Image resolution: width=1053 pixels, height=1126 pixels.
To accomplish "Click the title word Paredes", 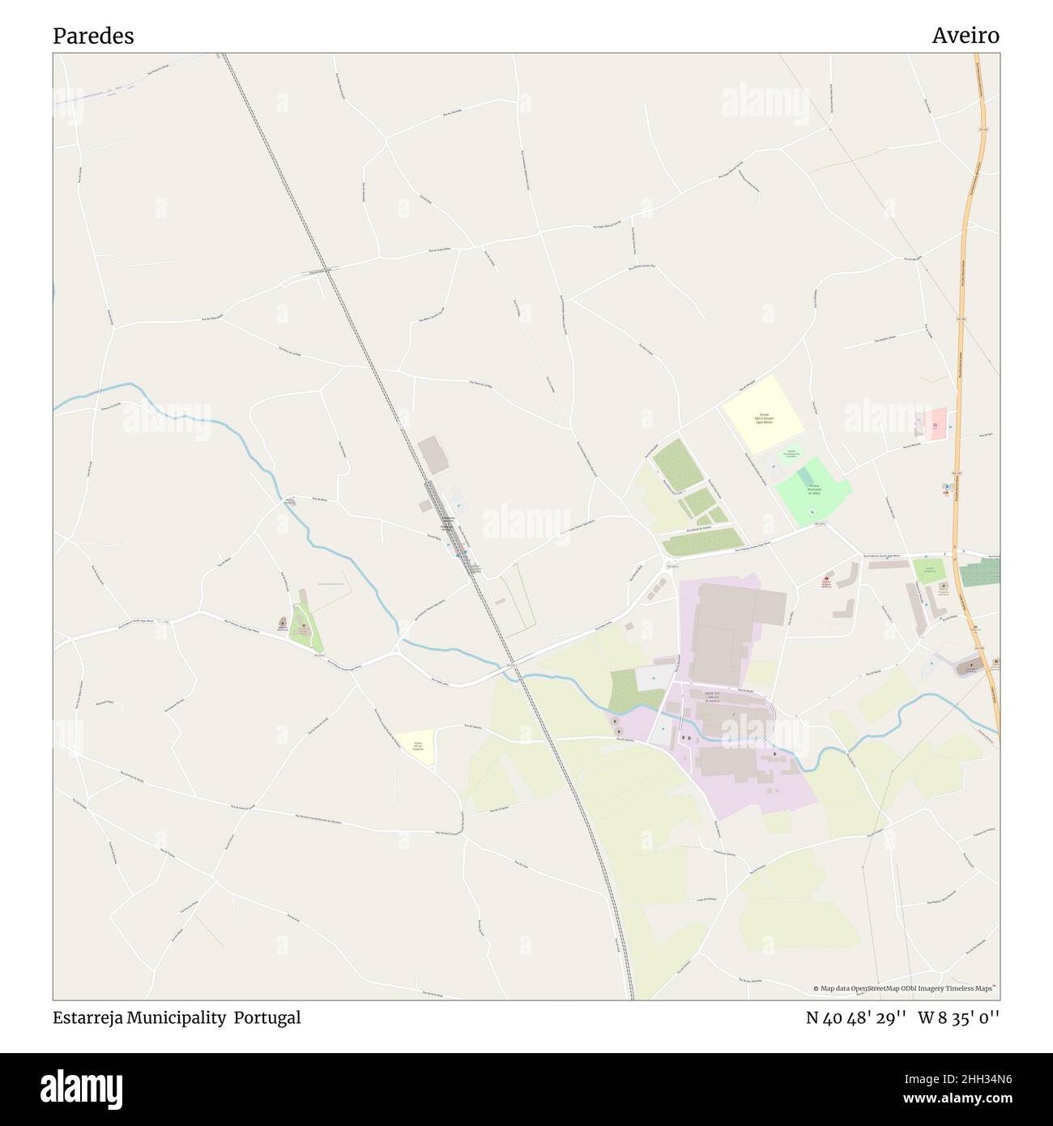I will [x=93, y=36].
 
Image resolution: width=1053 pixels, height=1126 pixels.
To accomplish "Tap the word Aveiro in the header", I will [x=965, y=36].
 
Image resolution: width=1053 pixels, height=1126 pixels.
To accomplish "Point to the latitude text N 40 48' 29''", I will [x=855, y=1017].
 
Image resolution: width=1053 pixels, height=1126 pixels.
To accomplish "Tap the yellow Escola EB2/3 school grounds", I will [x=762, y=414].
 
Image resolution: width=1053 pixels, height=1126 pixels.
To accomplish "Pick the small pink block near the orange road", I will [x=936, y=424].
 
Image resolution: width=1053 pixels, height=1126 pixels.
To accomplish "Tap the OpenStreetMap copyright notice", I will [x=906, y=988].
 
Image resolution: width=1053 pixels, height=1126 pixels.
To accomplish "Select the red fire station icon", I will [x=826, y=581].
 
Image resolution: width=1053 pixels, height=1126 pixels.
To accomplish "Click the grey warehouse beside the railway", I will [x=433, y=455].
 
